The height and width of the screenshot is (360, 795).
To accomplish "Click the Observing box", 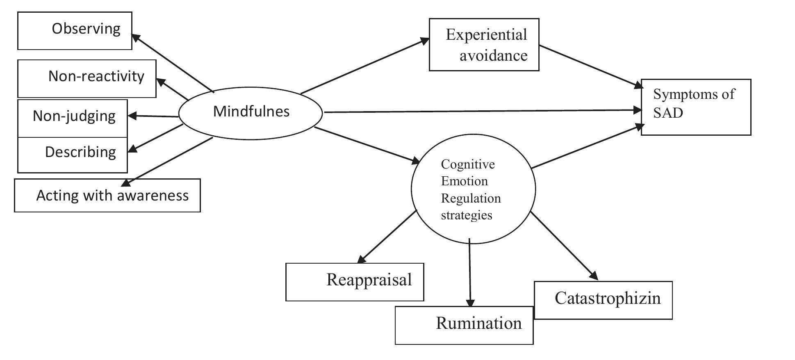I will point(75,31).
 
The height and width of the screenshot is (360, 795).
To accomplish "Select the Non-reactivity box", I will point(87,78).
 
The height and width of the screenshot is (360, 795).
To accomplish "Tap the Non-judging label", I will point(74,116).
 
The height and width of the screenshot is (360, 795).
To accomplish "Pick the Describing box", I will point(73,155).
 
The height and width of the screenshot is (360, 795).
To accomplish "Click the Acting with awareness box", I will point(107,196).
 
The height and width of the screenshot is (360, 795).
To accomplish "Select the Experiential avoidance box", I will point(484,45).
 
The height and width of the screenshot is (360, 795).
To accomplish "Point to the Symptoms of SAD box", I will point(696,107).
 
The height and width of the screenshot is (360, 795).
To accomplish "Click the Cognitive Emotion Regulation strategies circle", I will point(473,189).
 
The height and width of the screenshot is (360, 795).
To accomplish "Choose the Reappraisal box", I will point(354,282).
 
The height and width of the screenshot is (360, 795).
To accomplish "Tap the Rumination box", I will point(464,325).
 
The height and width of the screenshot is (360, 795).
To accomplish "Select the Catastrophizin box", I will point(603,300).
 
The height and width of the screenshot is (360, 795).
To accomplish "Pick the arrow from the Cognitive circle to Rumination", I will point(470,273).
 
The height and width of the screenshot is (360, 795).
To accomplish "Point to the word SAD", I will point(668,113).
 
